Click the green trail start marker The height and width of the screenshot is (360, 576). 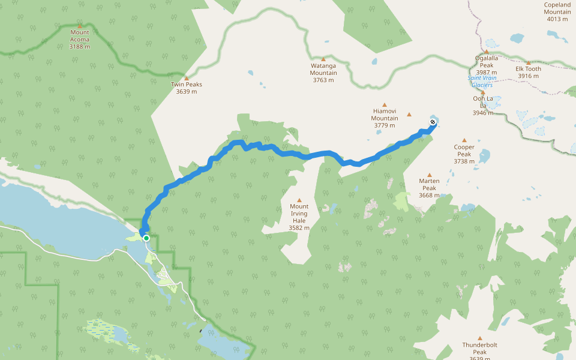[x=146, y=238]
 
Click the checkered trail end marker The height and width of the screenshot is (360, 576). [x=433, y=122]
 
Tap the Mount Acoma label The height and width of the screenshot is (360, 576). [x=79, y=36]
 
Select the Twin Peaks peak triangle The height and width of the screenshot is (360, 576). [x=187, y=78]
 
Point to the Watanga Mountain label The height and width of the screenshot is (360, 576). [x=323, y=69]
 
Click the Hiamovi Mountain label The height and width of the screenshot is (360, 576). [x=385, y=115]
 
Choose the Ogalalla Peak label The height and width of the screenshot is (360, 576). [x=486, y=62]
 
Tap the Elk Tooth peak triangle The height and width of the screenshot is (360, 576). [x=529, y=62]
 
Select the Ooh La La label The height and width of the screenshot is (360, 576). [x=482, y=102]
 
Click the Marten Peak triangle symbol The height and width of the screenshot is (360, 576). [x=429, y=175]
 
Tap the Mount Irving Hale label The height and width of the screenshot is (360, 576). [x=299, y=214]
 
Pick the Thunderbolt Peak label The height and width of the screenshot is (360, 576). [x=479, y=348]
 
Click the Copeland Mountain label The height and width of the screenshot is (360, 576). [x=557, y=8]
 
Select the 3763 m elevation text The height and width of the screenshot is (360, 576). [x=323, y=80]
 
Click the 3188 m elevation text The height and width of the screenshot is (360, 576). [x=79, y=47]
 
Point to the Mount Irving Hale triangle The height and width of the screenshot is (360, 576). [x=299, y=200]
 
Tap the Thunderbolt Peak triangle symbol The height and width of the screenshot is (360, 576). [x=479, y=338]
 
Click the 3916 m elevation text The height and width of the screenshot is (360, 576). [x=529, y=76]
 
